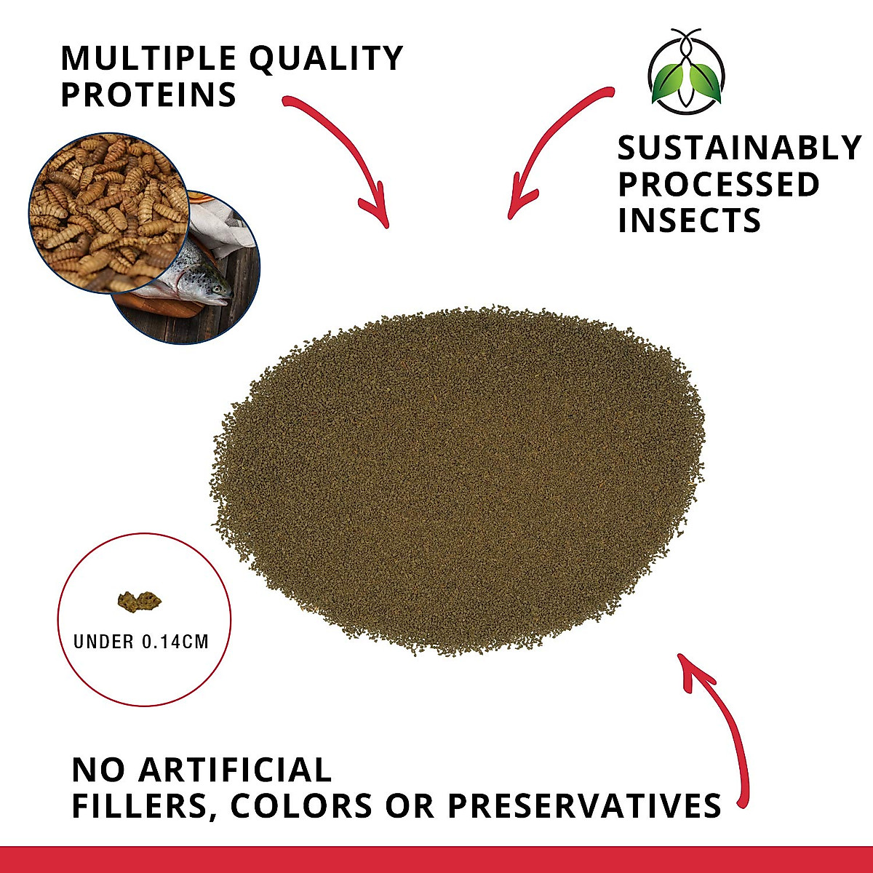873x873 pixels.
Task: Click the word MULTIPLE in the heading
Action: click(x=148, y=58)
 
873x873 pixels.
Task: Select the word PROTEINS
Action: click(x=148, y=95)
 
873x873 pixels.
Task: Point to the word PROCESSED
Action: click(x=719, y=184)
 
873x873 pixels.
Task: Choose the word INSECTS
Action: click(x=689, y=220)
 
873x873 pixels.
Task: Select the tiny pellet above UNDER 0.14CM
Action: click(x=140, y=601)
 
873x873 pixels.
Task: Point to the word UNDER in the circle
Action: click(x=104, y=642)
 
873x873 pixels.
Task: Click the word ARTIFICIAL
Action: click(x=235, y=770)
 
